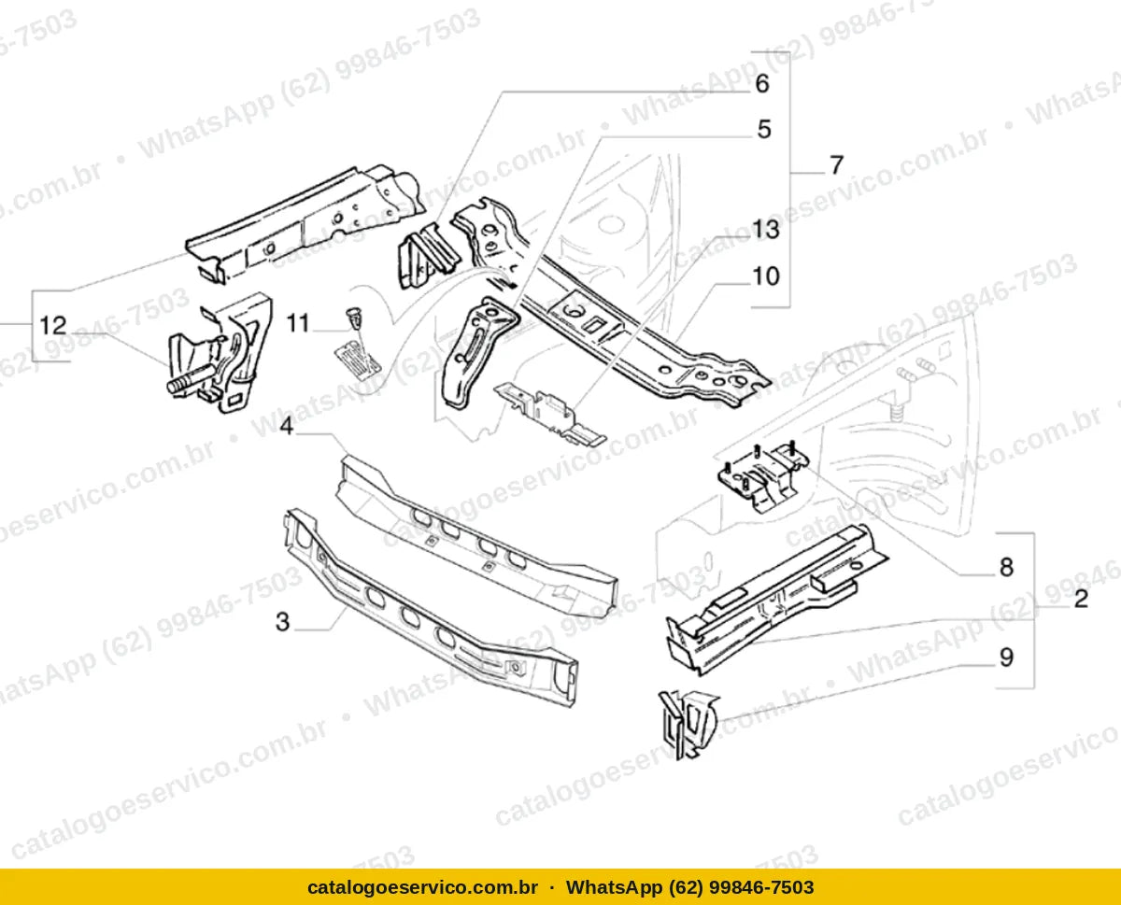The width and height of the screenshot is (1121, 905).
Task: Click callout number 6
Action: (x=762, y=84)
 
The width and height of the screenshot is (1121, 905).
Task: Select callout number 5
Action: (x=764, y=130)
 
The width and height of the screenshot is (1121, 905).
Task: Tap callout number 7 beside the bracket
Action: (x=836, y=165)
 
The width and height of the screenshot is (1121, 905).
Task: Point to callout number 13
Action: (x=766, y=230)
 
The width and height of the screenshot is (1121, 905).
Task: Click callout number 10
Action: (x=766, y=276)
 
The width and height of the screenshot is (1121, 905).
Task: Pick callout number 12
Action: (x=53, y=326)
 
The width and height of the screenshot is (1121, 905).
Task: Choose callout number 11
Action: (x=298, y=323)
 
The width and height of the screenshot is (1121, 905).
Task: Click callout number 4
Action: (x=286, y=426)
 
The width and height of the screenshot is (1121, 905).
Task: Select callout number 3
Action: (x=283, y=622)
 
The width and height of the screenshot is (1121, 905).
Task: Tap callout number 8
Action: (x=1006, y=567)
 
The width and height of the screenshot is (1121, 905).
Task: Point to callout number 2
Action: (x=1081, y=599)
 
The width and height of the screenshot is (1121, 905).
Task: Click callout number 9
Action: (x=1006, y=658)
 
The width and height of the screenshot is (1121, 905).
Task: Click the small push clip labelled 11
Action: (x=356, y=318)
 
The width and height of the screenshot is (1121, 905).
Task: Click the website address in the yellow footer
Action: (x=422, y=887)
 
